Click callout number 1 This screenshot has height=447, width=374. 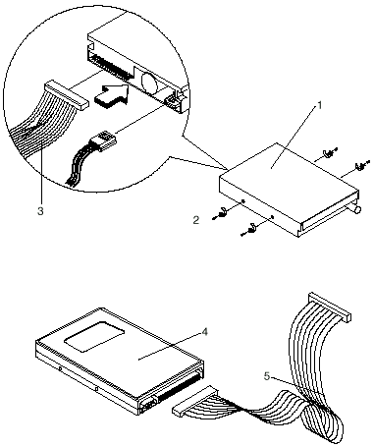(x=320, y=105)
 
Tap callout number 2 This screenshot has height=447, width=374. (x=196, y=220)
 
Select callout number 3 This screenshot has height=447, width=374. (x=40, y=211)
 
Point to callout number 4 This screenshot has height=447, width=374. (x=204, y=332)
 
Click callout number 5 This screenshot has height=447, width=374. (x=267, y=376)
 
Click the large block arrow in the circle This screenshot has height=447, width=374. (x=111, y=94)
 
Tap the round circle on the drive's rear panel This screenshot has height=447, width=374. (x=149, y=81)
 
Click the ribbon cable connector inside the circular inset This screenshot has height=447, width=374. (x=67, y=95)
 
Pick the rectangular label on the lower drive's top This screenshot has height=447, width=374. (x=94, y=336)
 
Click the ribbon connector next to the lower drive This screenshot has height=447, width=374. (x=194, y=401)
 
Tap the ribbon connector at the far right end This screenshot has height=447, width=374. (x=329, y=307)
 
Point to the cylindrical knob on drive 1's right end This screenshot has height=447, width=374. (x=356, y=208)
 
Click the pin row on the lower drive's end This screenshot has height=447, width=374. (x=180, y=387)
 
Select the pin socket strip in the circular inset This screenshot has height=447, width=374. (x=112, y=68)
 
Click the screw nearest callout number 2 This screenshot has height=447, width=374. (x=220, y=214)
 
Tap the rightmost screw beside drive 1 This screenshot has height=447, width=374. (x=361, y=165)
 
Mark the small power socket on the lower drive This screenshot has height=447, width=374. (x=147, y=405)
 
